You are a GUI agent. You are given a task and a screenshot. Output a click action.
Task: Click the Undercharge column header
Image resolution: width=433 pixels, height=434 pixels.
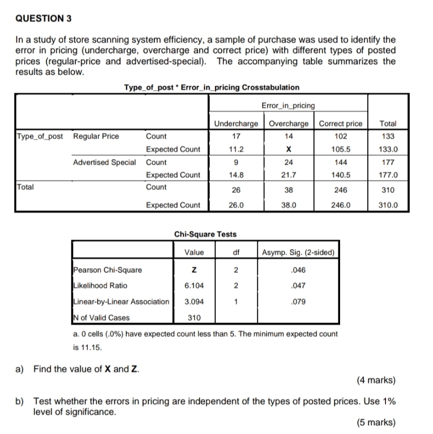click(236, 124)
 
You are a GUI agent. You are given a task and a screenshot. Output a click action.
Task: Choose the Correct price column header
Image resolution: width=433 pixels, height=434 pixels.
click(341, 124)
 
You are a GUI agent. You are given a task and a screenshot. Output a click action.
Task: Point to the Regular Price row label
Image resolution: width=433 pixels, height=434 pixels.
click(96, 136)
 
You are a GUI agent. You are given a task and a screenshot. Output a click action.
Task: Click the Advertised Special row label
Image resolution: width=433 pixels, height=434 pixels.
click(105, 162)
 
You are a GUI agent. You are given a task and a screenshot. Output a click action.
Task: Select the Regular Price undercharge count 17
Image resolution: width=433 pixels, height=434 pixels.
click(236, 136)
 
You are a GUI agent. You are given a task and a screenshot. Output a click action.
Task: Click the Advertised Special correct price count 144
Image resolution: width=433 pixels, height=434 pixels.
click(341, 162)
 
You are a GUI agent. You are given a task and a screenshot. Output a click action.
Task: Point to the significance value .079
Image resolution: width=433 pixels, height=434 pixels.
click(298, 302)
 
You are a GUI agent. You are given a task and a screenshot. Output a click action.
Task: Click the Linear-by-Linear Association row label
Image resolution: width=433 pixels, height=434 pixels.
click(121, 301)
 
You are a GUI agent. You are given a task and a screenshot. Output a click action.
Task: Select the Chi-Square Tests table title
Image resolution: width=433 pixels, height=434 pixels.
click(205, 234)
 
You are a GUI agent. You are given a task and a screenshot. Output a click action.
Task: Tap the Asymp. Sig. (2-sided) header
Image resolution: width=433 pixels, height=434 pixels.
click(298, 253)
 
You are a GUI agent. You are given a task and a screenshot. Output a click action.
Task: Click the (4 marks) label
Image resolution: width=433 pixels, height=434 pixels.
click(376, 380)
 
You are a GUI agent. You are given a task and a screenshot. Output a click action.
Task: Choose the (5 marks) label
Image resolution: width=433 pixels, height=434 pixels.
click(376, 422)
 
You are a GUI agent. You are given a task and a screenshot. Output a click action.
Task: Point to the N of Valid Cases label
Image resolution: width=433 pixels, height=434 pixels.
click(102, 317)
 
